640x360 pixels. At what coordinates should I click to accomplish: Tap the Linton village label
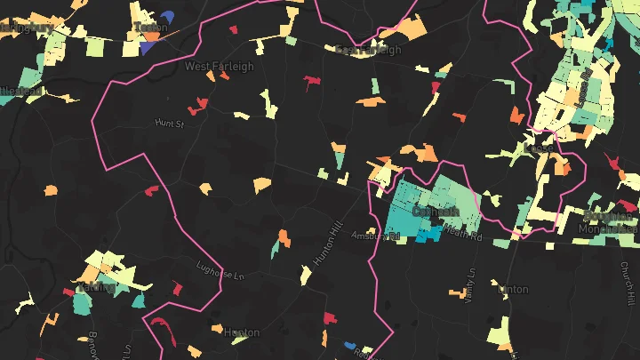[513, 290]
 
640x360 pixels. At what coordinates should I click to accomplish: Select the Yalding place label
[96, 287]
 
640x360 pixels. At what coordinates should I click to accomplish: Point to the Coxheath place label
[435, 212]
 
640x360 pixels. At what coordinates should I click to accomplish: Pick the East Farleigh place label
[368, 50]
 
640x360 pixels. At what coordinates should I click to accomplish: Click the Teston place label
[150, 28]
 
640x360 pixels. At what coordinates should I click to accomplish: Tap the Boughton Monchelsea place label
[610, 222]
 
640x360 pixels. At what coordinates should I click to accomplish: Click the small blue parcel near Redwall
[350, 344]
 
